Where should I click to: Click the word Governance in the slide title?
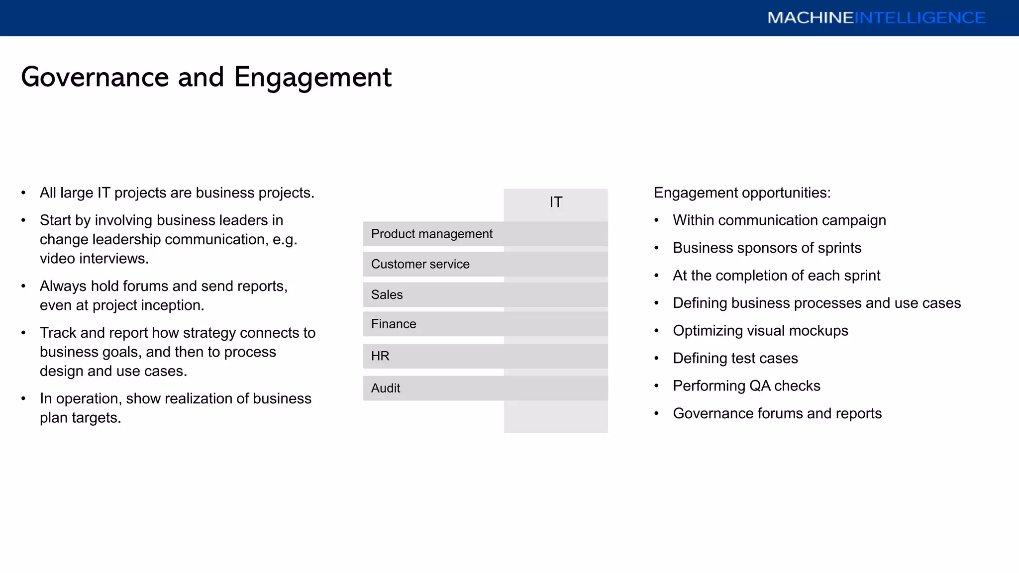[95, 78]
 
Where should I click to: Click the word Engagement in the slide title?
[312, 78]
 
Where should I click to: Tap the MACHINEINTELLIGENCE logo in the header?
[876, 18]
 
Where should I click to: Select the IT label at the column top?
[556, 202]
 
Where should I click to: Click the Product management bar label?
[431, 234]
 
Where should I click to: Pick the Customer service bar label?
[420, 264]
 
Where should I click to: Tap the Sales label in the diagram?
[387, 294]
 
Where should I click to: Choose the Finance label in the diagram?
[393, 324]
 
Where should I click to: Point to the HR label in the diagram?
[380, 356]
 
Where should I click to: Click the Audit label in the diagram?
[386, 388]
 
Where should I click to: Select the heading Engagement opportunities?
[742, 193]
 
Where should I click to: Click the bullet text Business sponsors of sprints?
[767, 248]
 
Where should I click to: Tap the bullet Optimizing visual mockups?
[760, 331]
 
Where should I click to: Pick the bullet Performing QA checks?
[746, 386]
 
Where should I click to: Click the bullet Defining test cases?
[735, 358]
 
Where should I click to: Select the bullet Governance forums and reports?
[777, 413]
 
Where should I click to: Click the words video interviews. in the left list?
[94, 259]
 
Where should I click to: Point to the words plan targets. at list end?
[80, 418]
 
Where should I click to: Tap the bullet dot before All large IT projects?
[23, 193]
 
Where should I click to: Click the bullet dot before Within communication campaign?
[656, 220]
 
